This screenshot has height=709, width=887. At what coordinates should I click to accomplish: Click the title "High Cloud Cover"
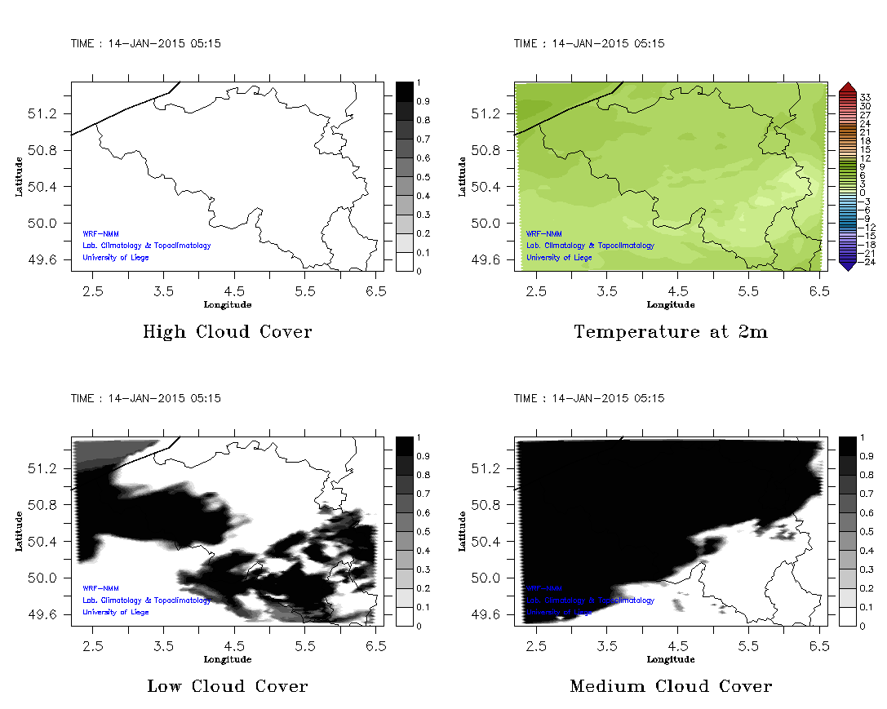click(x=227, y=332)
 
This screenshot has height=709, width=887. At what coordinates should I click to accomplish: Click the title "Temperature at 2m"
click(x=671, y=332)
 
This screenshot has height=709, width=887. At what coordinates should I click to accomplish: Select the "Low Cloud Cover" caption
click(x=227, y=686)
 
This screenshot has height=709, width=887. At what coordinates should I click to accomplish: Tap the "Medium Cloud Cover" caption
click(x=671, y=686)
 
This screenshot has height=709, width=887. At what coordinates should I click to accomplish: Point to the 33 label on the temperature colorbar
click(x=866, y=97)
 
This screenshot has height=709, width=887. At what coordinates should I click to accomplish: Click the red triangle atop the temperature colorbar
click(x=847, y=86)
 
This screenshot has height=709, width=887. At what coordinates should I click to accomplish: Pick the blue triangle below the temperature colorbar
click(x=847, y=265)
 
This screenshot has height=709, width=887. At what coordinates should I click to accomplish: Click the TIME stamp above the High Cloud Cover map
click(x=145, y=44)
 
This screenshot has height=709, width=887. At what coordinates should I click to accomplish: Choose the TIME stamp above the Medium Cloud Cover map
click(x=588, y=399)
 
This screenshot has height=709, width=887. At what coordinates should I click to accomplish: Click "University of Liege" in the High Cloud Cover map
click(x=116, y=258)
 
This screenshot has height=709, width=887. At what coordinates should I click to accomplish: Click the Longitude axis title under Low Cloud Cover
click(x=227, y=659)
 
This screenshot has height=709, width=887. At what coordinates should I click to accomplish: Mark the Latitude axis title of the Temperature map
click(x=463, y=176)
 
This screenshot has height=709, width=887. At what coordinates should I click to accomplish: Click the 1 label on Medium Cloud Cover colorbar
click(x=860, y=438)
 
